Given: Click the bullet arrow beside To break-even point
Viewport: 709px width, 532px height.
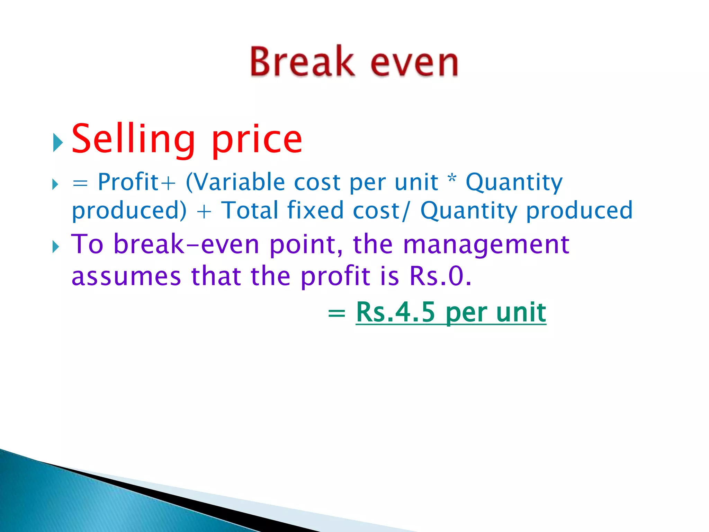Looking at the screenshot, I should click(x=56, y=247).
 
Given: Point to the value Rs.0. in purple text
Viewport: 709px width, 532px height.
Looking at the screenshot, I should click(x=440, y=276).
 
